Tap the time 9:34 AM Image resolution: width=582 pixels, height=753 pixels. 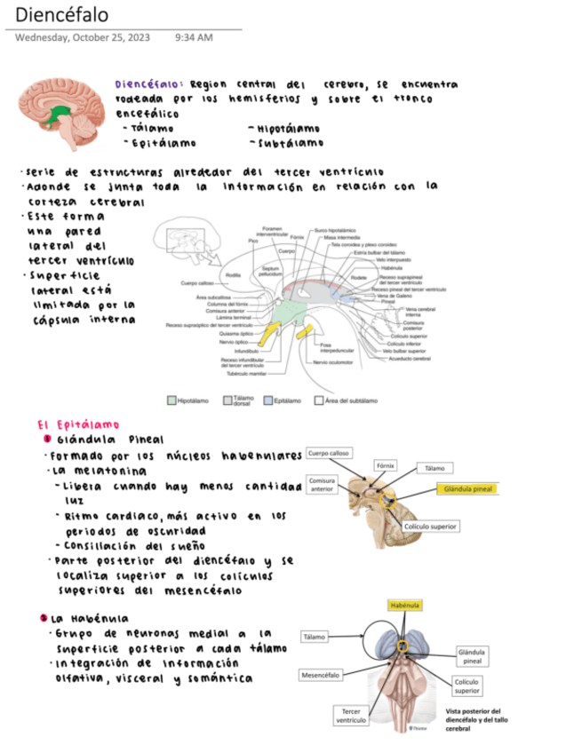[x=194, y=37]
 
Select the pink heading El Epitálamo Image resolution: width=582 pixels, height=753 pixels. [x=78, y=424]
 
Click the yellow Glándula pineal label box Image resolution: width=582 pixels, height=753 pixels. [x=467, y=488]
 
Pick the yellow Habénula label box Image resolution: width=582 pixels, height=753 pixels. [x=404, y=605]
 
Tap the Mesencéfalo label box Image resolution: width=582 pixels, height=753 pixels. [x=321, y=675]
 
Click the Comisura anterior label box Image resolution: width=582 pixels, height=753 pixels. [x=322, y=484]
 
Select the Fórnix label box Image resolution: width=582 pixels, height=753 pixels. [x=385, y=465]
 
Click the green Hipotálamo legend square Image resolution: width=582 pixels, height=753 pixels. [x=172, y=400]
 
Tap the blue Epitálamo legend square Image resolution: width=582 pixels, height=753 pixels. [x=267, y=400]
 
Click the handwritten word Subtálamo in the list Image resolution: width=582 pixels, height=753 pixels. [x=286, y=142]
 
